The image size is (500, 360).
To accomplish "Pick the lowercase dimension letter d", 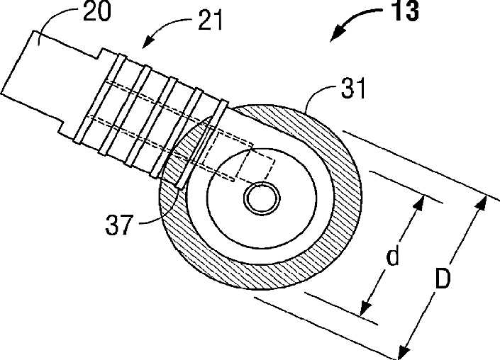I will [392, 257].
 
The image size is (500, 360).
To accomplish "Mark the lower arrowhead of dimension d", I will [365, 309].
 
